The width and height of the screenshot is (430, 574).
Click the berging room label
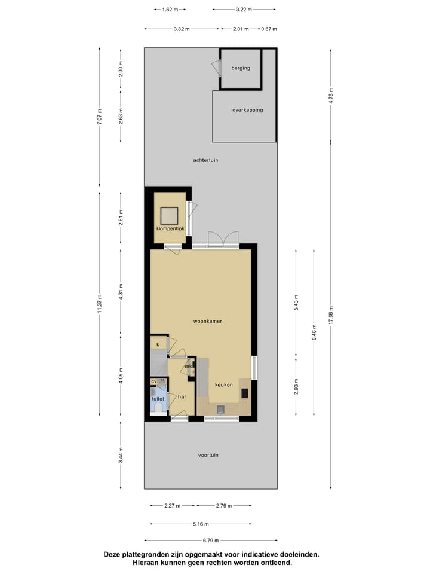click(241, 68)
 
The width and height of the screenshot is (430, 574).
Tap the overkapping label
click(247, 110)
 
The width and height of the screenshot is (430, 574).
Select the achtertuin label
click(205, 160)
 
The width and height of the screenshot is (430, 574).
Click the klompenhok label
click(170, 229)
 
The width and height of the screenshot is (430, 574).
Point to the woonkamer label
click(208, 322)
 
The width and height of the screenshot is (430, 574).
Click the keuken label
click(224, 384)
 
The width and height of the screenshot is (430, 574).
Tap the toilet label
click(158, 398)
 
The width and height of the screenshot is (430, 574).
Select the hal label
click(182, 396)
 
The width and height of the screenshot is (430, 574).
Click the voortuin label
click(208, 455)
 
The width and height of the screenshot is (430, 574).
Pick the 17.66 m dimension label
click(331, 314)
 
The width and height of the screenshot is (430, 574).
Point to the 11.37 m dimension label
click(100, 303)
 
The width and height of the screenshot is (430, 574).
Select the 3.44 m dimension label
click(121, 455)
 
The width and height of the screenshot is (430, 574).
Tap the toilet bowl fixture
click(158, 409)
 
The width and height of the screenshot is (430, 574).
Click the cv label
click(153, 381)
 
